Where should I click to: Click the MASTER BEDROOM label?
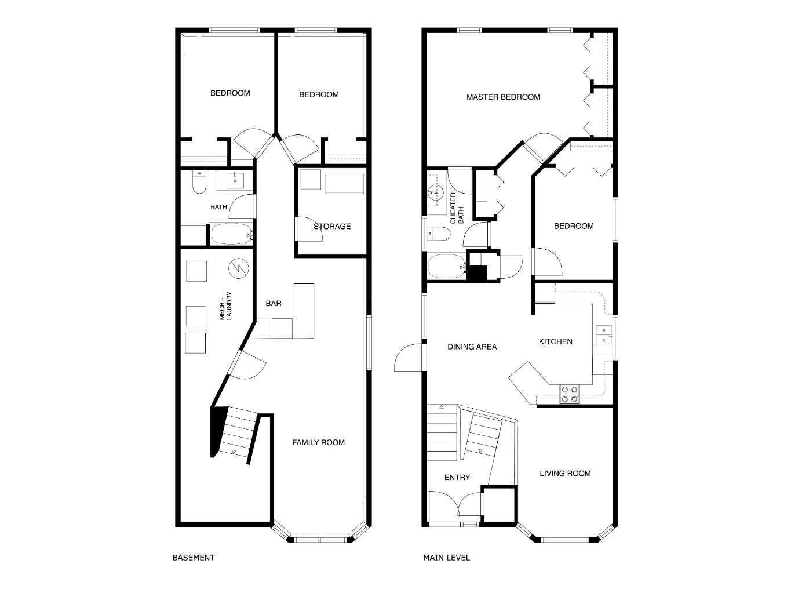click(503, 97)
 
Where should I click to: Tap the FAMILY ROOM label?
click(318, 442)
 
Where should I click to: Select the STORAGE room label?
click(332, 227)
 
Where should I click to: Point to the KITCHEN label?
click(555, 341)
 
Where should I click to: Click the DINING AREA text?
click(472, 347)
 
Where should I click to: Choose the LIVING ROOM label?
click(565, 474)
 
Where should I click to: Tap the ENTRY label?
click(457, 477)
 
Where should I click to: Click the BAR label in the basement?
click(274, 304)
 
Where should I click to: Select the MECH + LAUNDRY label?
click(225, 305)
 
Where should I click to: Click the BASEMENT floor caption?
click(194, 558)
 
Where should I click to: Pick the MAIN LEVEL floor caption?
click(446, 558)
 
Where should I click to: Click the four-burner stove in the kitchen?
click(570, 394)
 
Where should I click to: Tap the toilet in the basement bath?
click(199, 183)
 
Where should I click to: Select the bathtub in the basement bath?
click(232, 234)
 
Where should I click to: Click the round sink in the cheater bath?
click(436, 192)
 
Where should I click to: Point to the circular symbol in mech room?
click(239, 268)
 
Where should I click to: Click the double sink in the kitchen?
click(603, 335)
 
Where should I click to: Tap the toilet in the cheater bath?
click(439, 234)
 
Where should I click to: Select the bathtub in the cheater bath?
click(447, 267)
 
